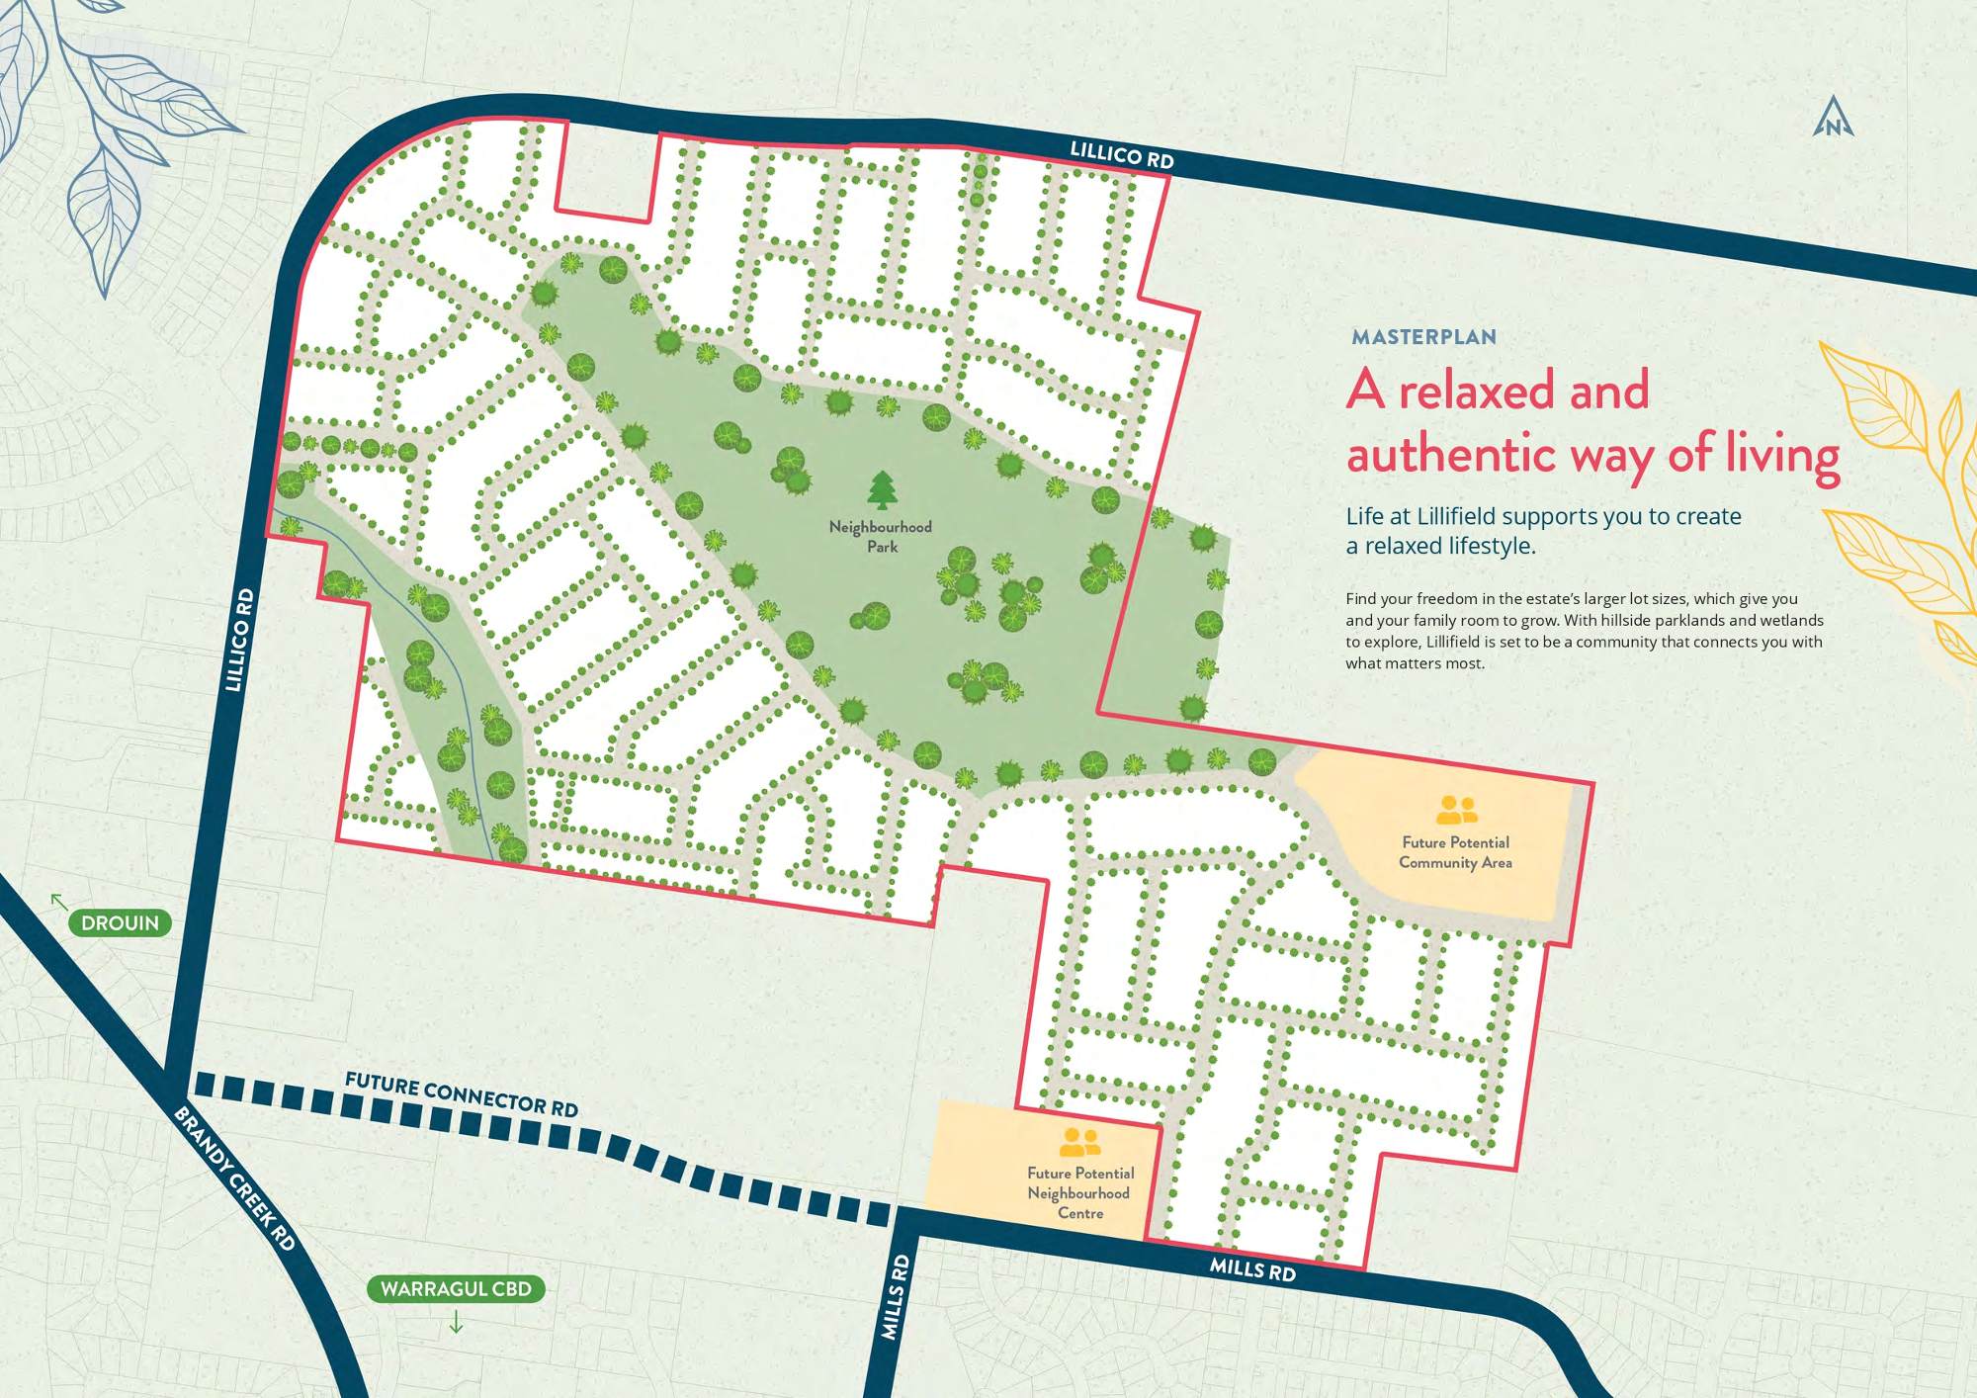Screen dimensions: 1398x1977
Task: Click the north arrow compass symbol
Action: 1833,118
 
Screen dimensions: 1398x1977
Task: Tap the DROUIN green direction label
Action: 120,922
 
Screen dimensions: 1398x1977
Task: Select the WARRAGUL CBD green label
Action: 456,1288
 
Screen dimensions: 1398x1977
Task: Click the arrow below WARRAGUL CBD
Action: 456,1322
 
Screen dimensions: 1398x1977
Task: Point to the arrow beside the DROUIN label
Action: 59,901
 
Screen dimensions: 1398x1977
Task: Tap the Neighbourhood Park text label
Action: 881,537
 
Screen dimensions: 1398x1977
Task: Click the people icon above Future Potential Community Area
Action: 1456,810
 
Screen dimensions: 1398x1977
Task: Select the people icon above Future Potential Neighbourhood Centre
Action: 1079,1142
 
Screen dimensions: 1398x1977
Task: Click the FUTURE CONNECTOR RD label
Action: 461,1094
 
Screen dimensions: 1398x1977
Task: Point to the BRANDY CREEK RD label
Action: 235,1179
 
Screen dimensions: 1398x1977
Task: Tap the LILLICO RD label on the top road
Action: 1121,154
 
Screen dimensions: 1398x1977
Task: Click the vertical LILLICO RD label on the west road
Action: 239,641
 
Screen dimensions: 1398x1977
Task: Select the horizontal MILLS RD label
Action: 1252,1269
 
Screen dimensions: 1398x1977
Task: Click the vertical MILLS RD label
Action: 895,1297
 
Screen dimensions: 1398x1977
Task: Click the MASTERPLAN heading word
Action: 1423,337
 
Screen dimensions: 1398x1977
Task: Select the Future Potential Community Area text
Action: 1455,852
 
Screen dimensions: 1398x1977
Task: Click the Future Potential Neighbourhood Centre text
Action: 1079,1192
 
